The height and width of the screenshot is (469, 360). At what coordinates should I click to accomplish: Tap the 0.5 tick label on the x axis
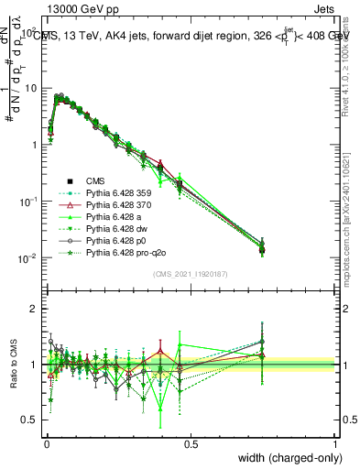(191, 443)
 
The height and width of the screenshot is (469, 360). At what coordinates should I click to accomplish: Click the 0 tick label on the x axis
(46, 443)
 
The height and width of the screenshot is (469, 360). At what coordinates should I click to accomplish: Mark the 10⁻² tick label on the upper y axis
(27, 258)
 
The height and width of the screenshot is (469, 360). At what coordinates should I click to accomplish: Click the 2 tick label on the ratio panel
(33, 310)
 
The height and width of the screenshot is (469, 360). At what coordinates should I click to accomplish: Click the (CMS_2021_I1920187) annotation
(191, 274)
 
